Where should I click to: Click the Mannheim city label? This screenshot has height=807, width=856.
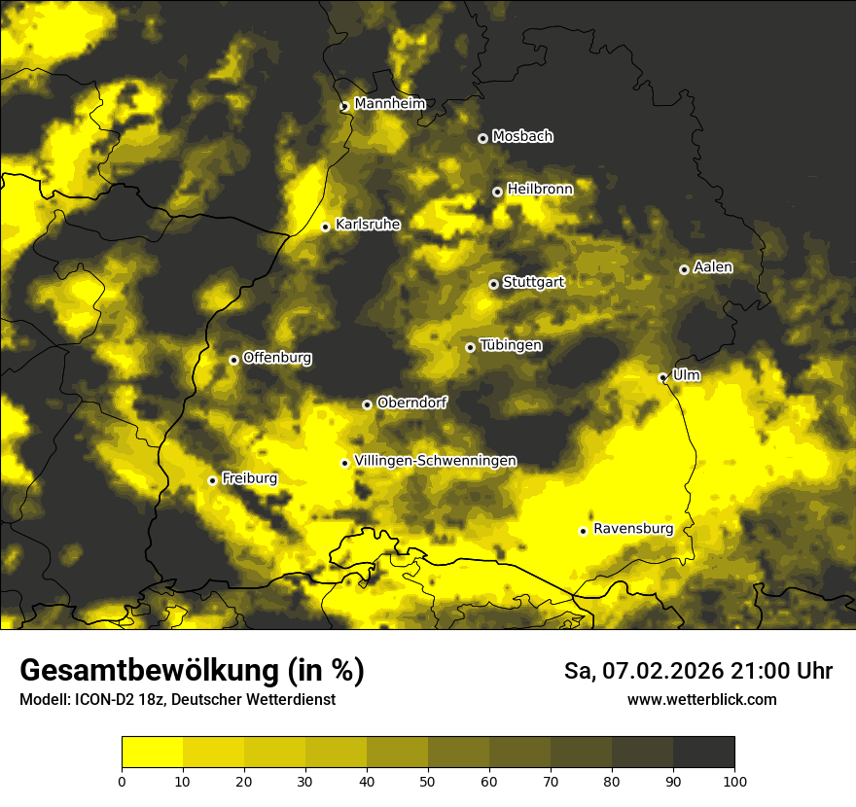coord(390,104)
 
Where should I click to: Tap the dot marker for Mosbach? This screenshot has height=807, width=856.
coord(482,138)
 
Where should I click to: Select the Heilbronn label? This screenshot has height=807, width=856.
coord(540,189)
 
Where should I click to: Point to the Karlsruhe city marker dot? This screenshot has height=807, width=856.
coord(326,227)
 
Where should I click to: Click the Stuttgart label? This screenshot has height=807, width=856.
coord(533,282)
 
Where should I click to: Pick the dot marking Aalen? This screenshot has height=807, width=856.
coord(684,269)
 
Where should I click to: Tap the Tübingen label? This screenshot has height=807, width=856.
coord(511,345)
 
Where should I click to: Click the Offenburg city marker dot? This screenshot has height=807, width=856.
coord(233,360)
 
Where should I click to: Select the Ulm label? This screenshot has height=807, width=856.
coord(686,374)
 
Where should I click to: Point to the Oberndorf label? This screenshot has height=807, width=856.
coord(412,403)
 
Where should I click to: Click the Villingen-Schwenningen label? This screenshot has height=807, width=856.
coord(435,461)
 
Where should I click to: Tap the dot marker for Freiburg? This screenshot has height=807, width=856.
coord(212,480)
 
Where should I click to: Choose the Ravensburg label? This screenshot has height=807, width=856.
coord(633,529)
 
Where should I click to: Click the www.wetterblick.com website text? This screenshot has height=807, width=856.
coord(702,700)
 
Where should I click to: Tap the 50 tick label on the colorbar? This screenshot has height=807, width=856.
coord(428,780)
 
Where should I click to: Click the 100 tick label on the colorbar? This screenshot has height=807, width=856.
coord(734,780)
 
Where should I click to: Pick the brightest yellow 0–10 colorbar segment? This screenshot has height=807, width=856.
coord(152,753)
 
